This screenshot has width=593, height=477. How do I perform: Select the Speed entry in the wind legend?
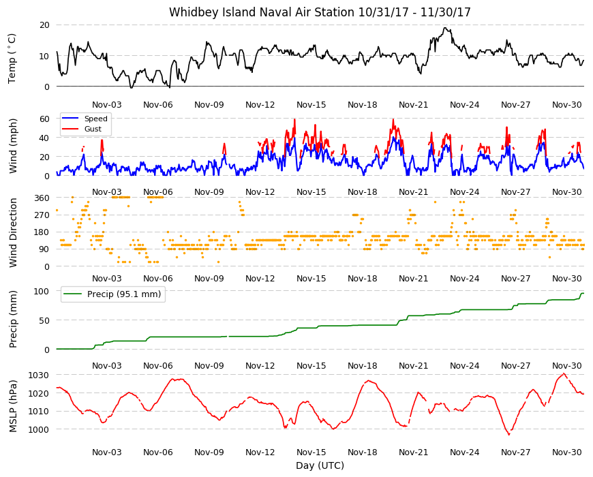[85, 119]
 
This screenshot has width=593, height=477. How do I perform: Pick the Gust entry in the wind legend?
[82, 129]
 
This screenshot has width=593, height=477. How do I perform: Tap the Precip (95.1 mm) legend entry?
[112, 294]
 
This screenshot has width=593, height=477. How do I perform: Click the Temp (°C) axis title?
[12, 58]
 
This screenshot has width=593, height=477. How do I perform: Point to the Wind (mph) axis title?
[13, 146]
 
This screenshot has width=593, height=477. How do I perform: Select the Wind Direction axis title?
[13, 232]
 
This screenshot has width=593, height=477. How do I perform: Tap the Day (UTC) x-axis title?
[320, 465]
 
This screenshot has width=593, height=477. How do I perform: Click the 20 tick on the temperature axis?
[44, 25]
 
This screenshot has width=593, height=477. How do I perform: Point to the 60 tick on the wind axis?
[44, 119]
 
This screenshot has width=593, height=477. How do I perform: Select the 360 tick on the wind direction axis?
[42, 198]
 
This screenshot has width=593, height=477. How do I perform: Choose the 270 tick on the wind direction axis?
[42, 215]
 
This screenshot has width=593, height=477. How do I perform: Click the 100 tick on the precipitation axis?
[42, 291]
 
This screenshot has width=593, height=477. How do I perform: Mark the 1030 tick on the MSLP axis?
[40, 375]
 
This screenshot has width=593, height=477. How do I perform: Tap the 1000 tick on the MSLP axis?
[40, 429]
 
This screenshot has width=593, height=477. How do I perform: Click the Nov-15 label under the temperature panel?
[311, 105]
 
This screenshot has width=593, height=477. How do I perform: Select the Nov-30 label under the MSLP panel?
[567, 452]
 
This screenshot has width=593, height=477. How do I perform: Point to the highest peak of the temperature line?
[446, 27]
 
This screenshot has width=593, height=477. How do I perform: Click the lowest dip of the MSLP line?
[509, 435]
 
